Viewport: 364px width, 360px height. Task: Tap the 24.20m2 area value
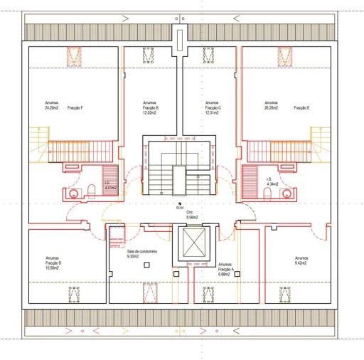click(x=52, y=108)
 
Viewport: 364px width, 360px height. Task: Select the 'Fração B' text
click(x=151, y=108)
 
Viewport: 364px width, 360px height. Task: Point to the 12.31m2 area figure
click(x=213, y=113)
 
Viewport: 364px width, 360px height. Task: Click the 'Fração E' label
click(x=302, y=108)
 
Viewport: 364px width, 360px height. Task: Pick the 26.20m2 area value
click(x=272, y=108)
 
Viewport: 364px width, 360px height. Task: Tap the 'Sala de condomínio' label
click(x=142, y=252)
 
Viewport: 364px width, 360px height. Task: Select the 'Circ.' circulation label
click(x=191, y=212)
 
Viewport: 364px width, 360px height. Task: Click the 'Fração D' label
click(x=53, y=263)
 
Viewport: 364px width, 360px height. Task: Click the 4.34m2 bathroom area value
click(x=273, y=184)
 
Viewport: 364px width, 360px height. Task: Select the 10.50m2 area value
click(x=53, y=268)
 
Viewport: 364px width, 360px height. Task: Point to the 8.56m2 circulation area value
click(x=192, y=217)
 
